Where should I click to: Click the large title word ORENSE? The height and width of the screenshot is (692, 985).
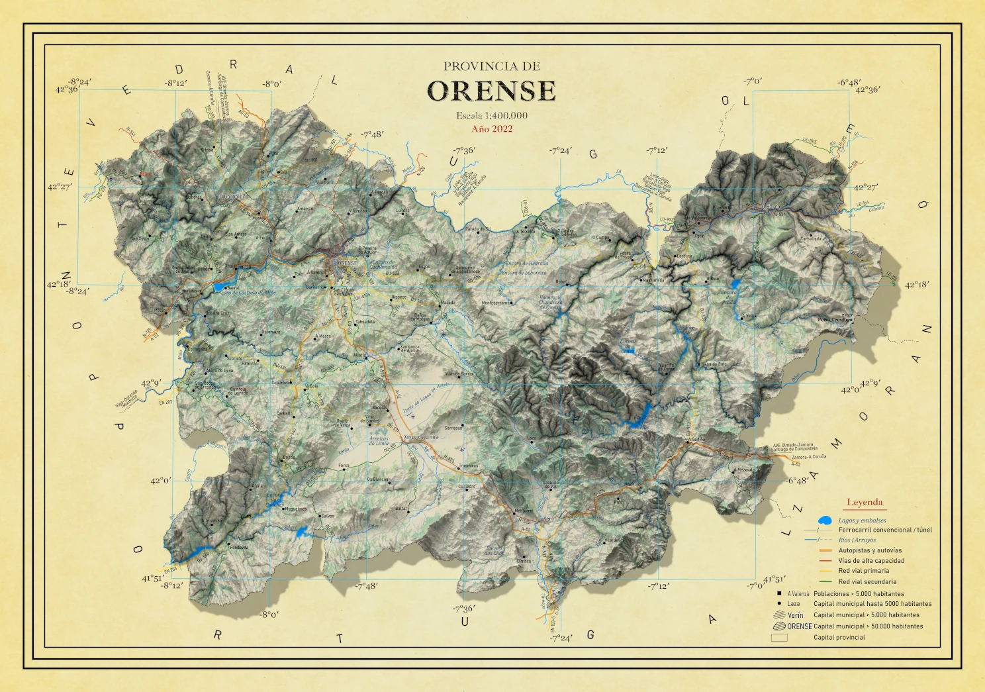[491, 91]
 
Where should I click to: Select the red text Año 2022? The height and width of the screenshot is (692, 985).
[492, 128]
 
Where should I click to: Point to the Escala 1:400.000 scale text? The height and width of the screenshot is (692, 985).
[492, 115]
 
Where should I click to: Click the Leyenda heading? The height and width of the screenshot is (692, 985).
[865, 502]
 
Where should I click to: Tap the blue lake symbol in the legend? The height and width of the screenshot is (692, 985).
[825, 520]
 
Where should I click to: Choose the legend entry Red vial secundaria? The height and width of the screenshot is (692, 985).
[867, 581]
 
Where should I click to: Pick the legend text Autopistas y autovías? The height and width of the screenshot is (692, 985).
[870, 550]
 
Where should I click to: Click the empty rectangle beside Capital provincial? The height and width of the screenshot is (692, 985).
[779, 638]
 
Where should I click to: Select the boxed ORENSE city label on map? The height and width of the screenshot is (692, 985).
[347, 263]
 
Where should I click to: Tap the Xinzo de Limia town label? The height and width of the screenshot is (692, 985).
[421, 437]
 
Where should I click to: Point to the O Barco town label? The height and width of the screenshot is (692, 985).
[770, 207]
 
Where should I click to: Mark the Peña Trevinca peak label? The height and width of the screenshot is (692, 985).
[835, 320]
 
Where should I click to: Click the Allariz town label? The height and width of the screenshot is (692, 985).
[359, 356]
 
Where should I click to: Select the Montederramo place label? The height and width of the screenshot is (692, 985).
[496, 303]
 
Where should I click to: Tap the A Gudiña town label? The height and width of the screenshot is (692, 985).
[696, 439]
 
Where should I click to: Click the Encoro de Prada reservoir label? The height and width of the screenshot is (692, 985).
[728, 296]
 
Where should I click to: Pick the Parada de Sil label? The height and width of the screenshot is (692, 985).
[478, 229]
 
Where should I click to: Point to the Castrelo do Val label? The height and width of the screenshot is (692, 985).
[550, 485]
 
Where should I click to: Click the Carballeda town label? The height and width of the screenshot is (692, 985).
[811, 238]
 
